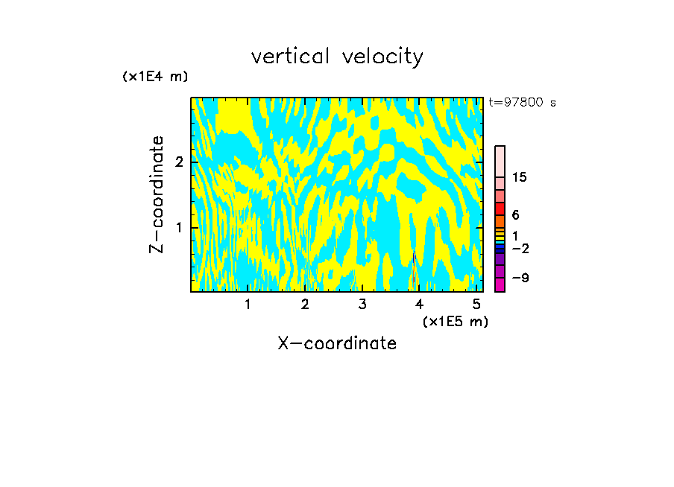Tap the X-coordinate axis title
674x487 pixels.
click(337, 343)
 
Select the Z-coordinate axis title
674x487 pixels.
click(157, 194)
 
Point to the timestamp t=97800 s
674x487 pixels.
click(522, 103)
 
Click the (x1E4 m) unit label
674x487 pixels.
click(155, 76)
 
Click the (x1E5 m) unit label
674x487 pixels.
click(455, 321)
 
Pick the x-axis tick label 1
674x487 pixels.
click(248, 304)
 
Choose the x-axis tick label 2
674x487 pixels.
click(305, 304)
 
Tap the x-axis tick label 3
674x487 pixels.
click(362, 304)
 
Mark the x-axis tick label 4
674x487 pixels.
click(420, 304)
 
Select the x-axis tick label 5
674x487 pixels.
click(476, 304)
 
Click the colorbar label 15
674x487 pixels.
click(520, 177)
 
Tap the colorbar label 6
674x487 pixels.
click(515, 214)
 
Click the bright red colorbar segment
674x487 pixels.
click(500, 209)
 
